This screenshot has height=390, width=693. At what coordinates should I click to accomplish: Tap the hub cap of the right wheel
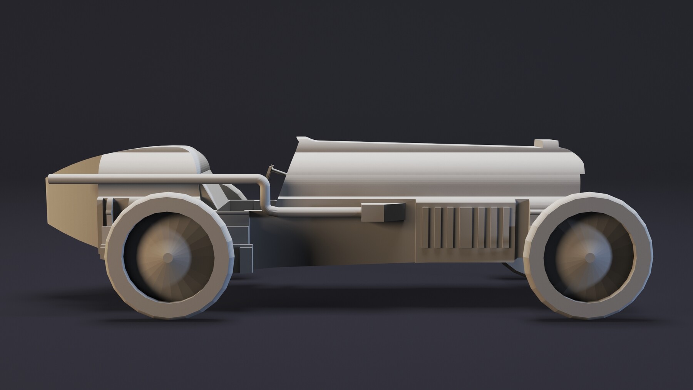pyautogui.click(x=589, y=257)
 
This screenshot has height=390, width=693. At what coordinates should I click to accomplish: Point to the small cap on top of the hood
pyautogui.click(x=546, y=143)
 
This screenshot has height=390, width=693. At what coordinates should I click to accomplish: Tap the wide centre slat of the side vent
pyautogui.click(x=467, y=228)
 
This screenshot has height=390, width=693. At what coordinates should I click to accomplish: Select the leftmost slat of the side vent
pyautogui.click(x=425, y=228)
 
